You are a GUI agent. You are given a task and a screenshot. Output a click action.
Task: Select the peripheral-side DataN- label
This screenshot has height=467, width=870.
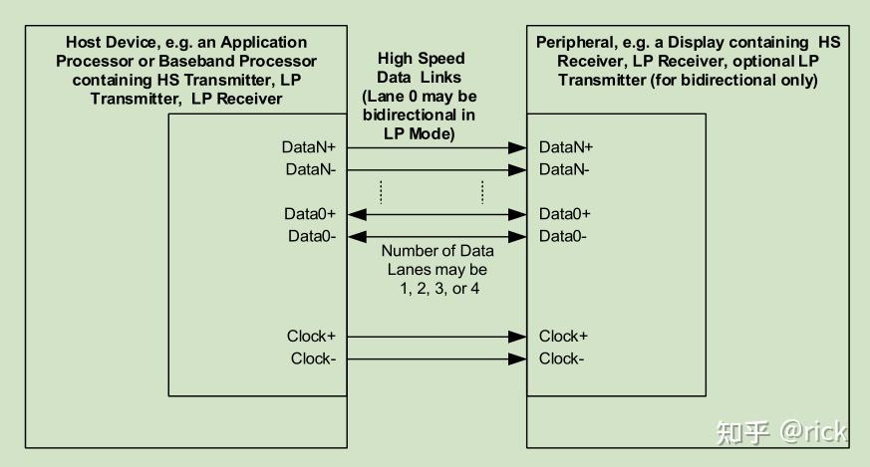coord(564,169)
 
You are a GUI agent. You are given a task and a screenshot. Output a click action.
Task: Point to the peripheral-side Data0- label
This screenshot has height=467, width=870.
coord(563,236)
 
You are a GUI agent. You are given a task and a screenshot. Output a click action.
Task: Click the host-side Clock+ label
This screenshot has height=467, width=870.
coord(311,337)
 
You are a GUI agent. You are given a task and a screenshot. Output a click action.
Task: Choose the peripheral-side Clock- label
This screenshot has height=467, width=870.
coord(562,358)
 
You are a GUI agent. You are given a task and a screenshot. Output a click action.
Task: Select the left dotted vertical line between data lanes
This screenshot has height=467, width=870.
coord(381,191)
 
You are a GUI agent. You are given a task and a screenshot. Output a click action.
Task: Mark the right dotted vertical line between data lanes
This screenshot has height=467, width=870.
coord(482,191)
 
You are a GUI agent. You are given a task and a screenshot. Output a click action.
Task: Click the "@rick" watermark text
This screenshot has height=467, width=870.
coord(812,432)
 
